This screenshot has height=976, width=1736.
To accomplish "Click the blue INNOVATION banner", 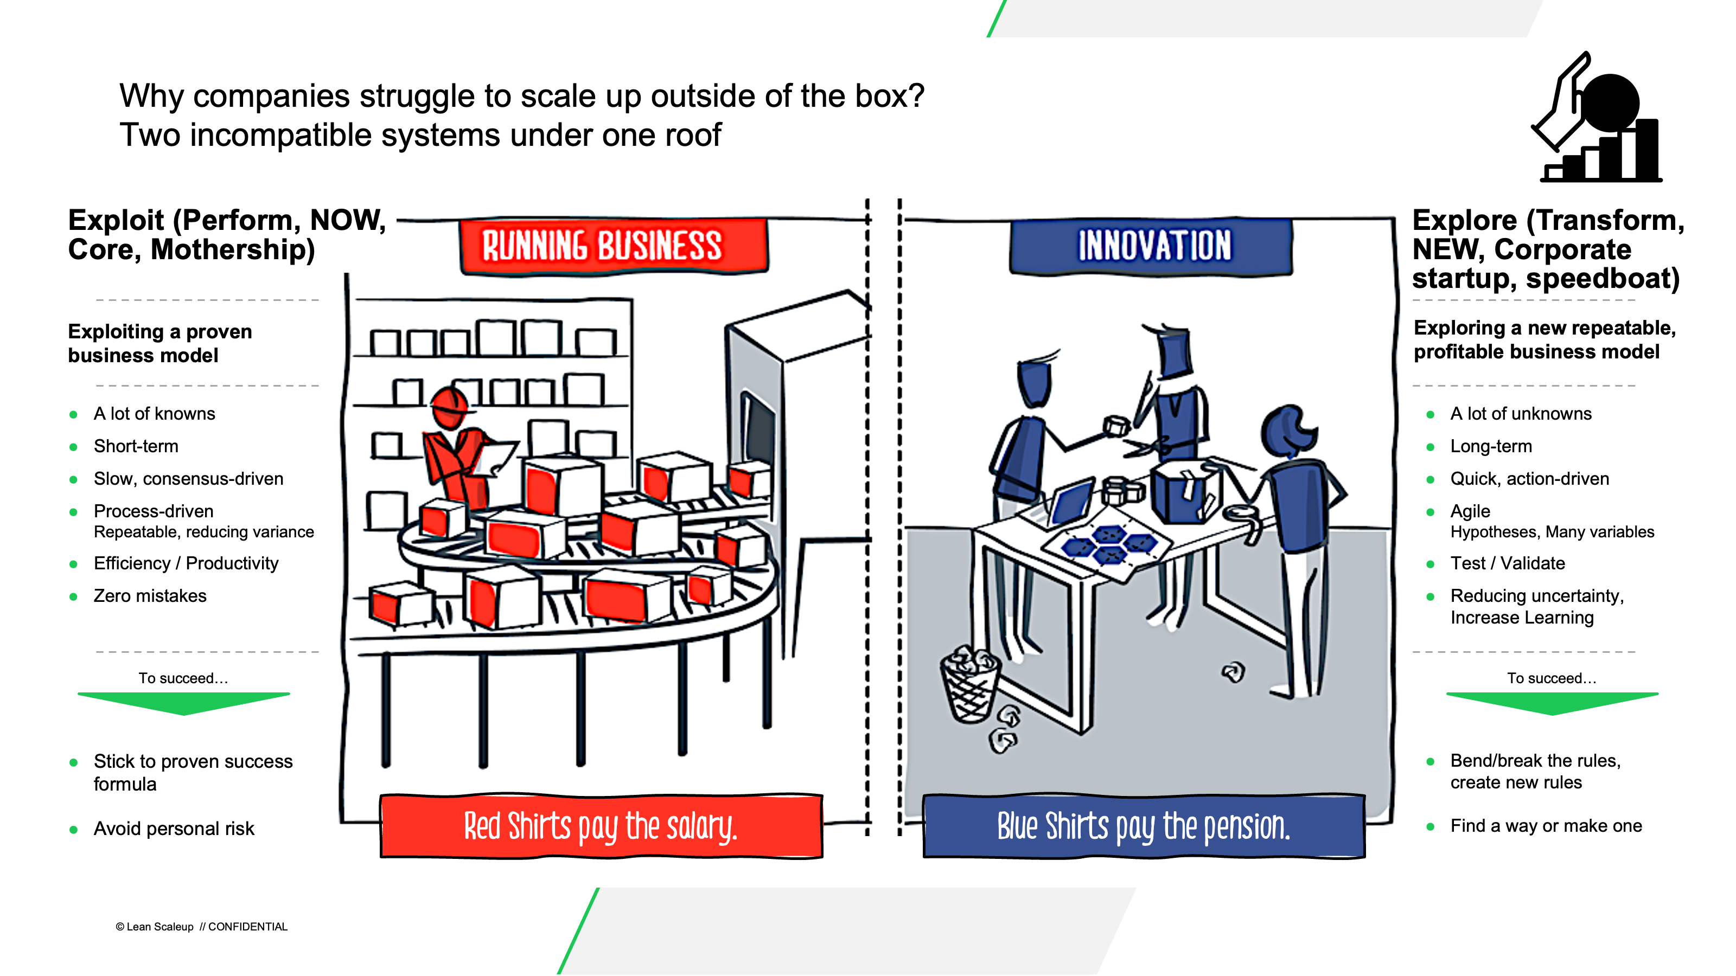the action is pyautogui.click(x=1151, y=246).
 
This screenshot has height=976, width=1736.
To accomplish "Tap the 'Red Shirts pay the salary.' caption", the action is pyautogui.click(x=601, y=826).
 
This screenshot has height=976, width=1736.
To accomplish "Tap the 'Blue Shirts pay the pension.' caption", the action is pyautogui.click(x=1144, y=826).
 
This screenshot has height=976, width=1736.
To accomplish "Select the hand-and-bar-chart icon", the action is pyautogui.click(x=1597, y=117).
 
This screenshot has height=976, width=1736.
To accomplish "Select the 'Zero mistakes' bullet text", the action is pyautogui.click(x=150, y=596).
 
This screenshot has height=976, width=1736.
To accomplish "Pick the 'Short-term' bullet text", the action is pyautogui.click(x=136, y=447).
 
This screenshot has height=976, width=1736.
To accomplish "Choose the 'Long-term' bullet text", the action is pyautogui.click(x=1491, y=447).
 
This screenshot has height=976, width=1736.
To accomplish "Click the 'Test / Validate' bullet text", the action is pyautogui.click(x=1508, y=563).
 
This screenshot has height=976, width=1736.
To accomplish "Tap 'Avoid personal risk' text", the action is pyautogui.click(x=174, y=829).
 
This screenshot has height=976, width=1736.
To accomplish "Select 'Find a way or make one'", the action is pyautogui.click(x=1546, y=826).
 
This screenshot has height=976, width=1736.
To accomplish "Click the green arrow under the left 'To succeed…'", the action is pyautogui.click(x=184, y=703).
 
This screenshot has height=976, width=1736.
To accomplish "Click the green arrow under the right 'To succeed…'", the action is pyautogui.click(x=1552, y=703).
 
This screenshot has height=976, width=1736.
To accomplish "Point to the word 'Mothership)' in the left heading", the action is pyautogui.click(x=233, y=250).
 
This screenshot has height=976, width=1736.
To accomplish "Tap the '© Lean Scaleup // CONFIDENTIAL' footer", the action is pyautogui.click(x=201, y=927).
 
